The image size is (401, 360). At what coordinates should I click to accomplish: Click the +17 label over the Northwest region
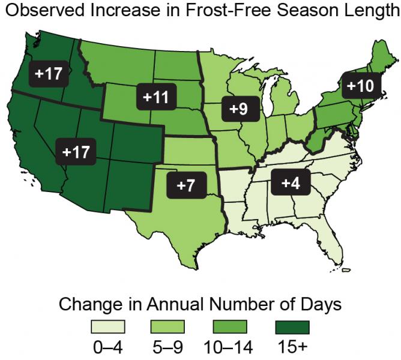click(x=49, y=74)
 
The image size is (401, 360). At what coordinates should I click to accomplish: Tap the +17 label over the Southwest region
click(x=76, y=152)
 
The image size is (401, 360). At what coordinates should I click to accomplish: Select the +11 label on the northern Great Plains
click(x=155, y=97)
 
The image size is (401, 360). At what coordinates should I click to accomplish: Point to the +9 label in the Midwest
click(x=239, y=109)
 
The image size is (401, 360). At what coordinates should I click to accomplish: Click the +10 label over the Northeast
click(x=359, y=86)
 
